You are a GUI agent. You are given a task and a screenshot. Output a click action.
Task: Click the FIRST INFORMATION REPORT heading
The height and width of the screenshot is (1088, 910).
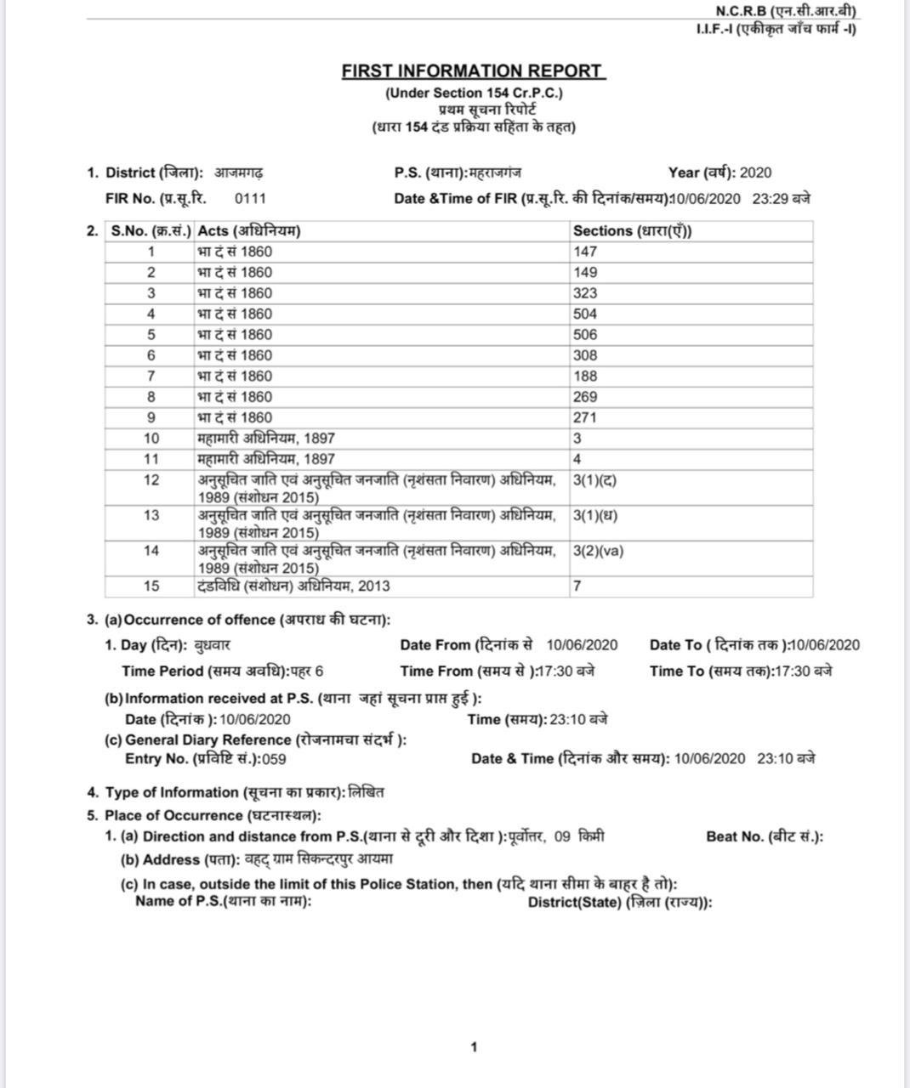point(473,71)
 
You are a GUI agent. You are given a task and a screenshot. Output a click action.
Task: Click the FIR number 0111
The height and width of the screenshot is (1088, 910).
point(250,199)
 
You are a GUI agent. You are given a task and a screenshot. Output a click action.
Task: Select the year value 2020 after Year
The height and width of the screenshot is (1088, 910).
point(755,173)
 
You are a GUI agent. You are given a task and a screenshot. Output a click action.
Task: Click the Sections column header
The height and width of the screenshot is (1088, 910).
point(632,231)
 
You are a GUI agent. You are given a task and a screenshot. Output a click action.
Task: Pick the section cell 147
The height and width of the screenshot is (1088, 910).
point(585,252)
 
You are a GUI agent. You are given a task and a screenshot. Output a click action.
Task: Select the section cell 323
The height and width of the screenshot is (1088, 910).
point(585,293)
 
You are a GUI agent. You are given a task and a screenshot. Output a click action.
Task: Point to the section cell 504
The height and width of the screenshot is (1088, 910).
point(585,314)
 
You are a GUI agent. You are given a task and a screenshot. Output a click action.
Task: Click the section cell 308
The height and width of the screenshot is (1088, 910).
point(585,355)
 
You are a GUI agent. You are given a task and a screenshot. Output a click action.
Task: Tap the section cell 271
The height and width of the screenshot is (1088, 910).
point(585,417)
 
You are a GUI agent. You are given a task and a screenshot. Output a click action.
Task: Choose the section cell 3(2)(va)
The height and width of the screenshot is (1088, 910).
point(598,551)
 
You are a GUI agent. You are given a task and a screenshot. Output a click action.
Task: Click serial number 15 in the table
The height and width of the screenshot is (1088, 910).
point(151,586)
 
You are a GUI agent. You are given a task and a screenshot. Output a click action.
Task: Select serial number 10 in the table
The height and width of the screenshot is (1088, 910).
point(151,439)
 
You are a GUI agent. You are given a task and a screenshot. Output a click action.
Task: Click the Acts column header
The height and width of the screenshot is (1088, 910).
point(248,231)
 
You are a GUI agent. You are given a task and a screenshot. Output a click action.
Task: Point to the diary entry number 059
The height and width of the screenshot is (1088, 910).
point(274,759)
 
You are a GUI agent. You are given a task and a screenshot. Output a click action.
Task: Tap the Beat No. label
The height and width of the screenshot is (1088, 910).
point(764,836)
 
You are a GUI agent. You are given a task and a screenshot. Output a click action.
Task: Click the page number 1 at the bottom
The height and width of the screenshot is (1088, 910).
point(474,1047)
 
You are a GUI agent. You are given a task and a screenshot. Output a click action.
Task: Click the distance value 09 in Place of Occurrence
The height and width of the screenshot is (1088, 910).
point(562,836)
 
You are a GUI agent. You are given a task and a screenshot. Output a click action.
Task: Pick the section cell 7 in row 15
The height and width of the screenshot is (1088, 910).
point(577,586)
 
